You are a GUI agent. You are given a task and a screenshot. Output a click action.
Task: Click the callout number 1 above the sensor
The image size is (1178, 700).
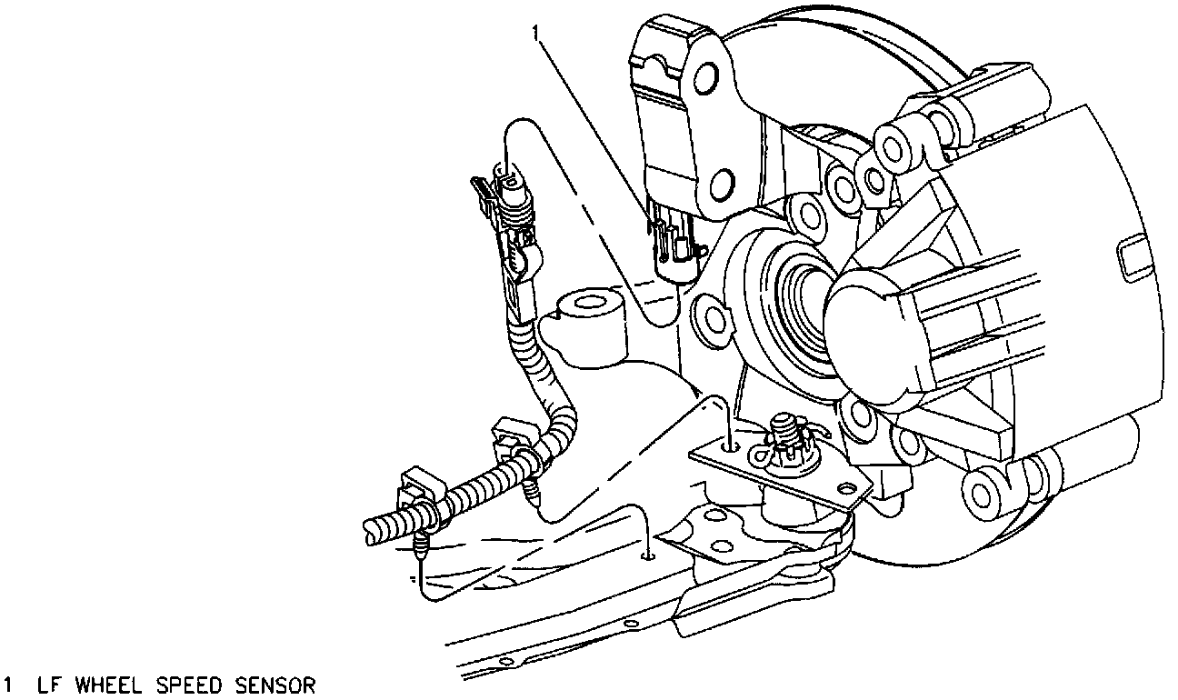pos(537,34)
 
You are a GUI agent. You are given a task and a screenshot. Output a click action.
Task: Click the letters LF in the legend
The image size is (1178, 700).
pos(46,685)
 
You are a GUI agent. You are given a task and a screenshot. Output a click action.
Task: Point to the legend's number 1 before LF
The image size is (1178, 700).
pos(9,685)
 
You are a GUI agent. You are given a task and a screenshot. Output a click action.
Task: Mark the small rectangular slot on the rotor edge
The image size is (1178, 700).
pos(1136,257)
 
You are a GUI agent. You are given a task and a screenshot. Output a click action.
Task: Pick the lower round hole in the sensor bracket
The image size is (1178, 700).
pos(720,187)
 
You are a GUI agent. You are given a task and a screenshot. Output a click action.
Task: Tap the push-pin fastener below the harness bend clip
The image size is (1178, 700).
pos(535,492)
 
